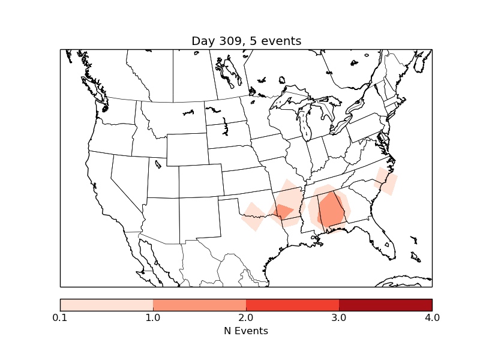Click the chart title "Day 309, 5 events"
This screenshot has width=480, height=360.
pos(246,41)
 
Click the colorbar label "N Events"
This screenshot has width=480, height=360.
pos(246,331)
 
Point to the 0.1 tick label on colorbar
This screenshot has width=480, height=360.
pos(60,317)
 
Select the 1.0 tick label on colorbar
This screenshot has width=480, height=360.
pos(153,317)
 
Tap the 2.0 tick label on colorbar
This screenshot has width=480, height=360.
pos(246,317)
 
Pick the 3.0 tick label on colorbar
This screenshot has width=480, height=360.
pos(339,317)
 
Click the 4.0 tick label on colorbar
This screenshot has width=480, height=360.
pos(432,317)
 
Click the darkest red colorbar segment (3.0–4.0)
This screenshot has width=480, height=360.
pos(385,305)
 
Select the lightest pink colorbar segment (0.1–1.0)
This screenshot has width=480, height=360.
pos(106,305)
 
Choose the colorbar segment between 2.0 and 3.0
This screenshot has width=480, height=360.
pos(292,305)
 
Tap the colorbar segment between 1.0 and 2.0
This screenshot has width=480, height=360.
pos(199,305)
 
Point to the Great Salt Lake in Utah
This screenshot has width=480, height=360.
pos(158,163)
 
